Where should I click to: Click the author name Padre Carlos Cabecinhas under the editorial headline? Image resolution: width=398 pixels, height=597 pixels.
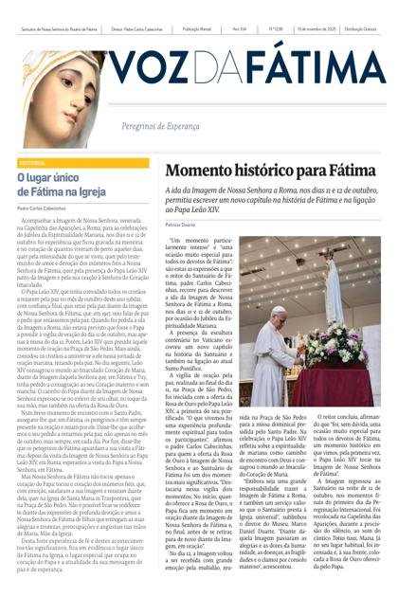pos(45,210)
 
